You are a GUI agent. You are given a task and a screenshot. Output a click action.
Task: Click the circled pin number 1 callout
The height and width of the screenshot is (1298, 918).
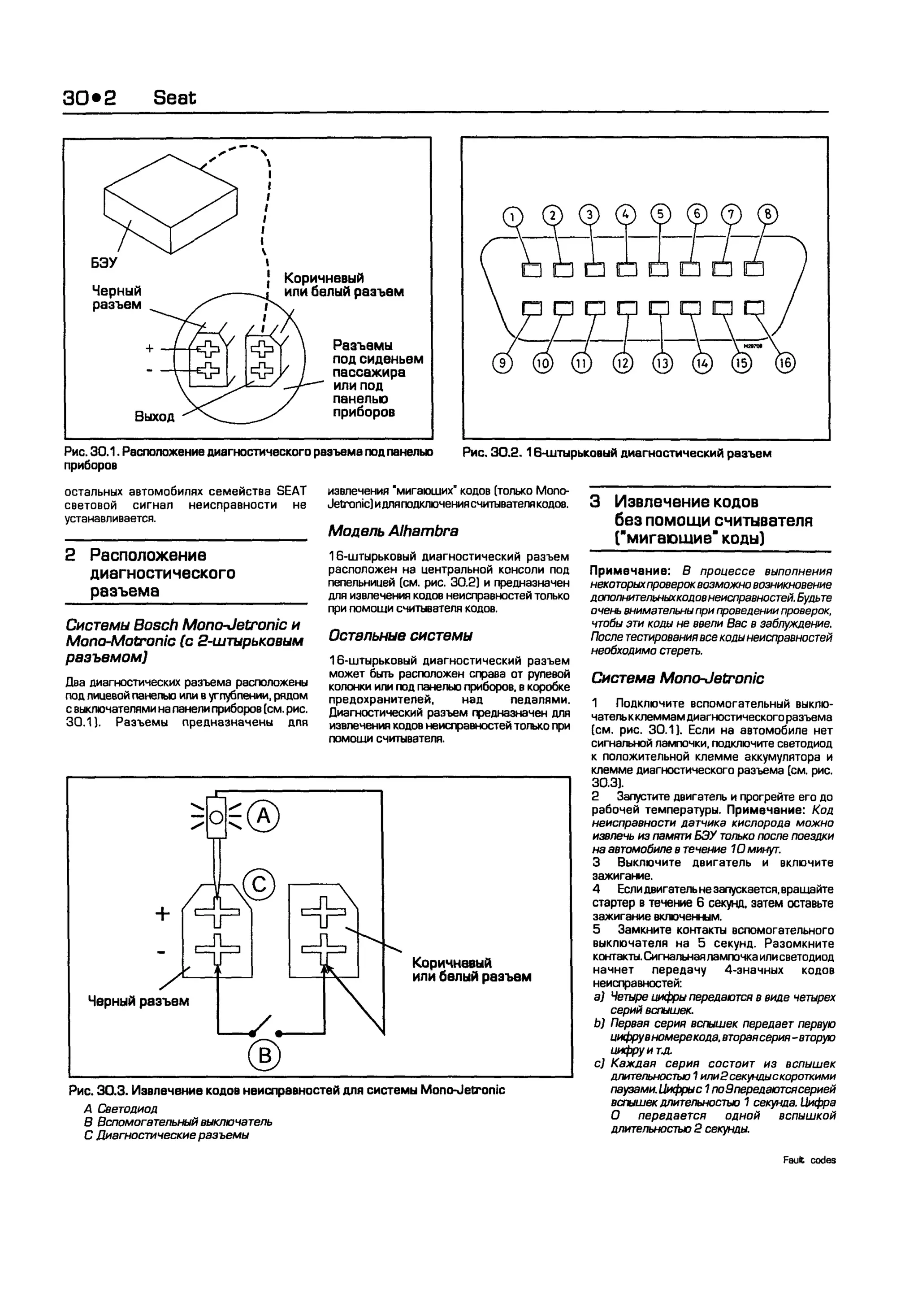513,217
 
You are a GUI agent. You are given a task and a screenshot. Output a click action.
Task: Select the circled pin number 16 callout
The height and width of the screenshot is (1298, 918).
785,363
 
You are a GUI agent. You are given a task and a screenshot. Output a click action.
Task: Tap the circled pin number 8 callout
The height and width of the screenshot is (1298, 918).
768,214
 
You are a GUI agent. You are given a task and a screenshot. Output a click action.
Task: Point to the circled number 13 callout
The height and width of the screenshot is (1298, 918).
663,363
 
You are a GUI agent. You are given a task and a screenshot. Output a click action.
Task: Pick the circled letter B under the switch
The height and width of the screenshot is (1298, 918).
264,1055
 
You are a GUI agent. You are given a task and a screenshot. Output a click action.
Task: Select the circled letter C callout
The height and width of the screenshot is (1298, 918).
259,884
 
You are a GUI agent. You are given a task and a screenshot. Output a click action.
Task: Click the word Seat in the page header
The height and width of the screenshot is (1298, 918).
175,98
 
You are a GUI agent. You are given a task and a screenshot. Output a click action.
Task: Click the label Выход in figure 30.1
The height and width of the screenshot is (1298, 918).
154,417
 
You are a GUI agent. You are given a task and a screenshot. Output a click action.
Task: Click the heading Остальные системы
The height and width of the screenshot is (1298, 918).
400,635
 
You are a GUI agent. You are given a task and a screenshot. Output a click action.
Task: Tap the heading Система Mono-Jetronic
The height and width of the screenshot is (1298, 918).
677,678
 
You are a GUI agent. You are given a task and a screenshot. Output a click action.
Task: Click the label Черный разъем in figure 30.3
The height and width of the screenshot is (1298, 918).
139,1001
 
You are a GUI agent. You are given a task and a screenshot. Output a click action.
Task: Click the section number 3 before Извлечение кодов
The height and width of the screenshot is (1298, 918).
595,501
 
